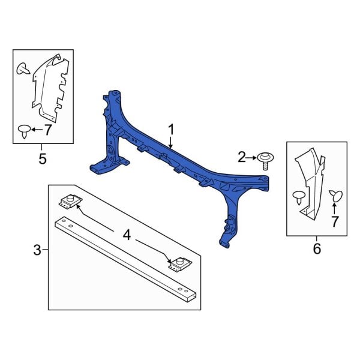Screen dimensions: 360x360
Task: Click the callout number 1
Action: click(x=171, y=129)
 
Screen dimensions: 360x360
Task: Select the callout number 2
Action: click(x=242, y=158)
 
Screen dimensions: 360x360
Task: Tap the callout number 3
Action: click(x=37, y=250)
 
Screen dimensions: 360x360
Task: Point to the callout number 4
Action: click(x=127, y=235)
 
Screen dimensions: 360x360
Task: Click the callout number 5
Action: click(x=42, y=159)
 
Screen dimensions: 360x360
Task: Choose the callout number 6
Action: click(x=317, y=248)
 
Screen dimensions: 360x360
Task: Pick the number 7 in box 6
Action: click(x=335, y=223)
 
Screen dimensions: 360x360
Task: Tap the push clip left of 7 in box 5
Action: click(x=25, y=130)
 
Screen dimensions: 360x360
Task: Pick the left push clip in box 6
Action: click(x=298, y=196)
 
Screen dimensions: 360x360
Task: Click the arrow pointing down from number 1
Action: click(x=171, y=142)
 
